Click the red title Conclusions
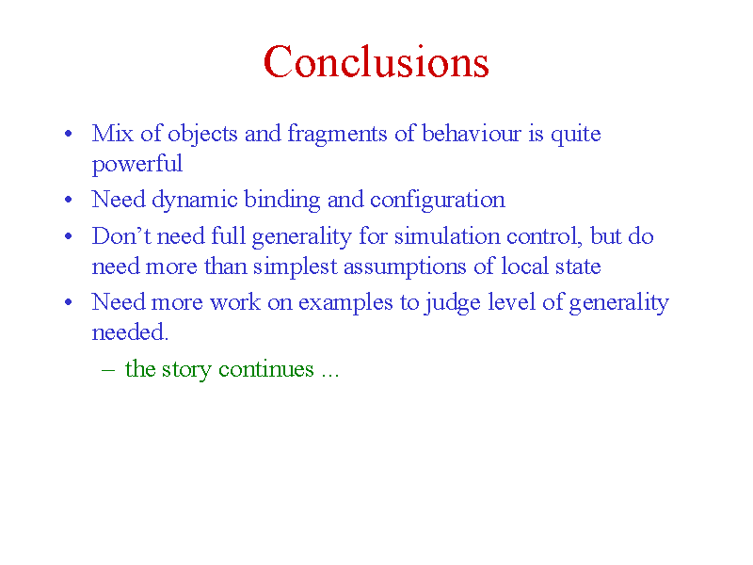[x=376, y=61]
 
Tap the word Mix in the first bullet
[x=112, y=133]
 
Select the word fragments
[x=337, y=135]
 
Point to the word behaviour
[x=472, y=133]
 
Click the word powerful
[x=136, y=165]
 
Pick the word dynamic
[x=195, y=201]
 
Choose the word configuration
[x=438, y=201]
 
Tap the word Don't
[x=121, y=236]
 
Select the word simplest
[x=295, y=267]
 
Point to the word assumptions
[x=405, y=267]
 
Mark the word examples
[x=345, y=303]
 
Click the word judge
[x=453, y=303]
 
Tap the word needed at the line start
[x=130, y=332]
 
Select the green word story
[x=186, y=370]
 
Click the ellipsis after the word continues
[x=330, y=375]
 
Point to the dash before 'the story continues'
[x=108, y=370]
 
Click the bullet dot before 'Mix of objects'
[x=68, y=133]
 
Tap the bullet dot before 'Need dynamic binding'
[x=68, y=200]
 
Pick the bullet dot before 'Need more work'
[x=68, y=302]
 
